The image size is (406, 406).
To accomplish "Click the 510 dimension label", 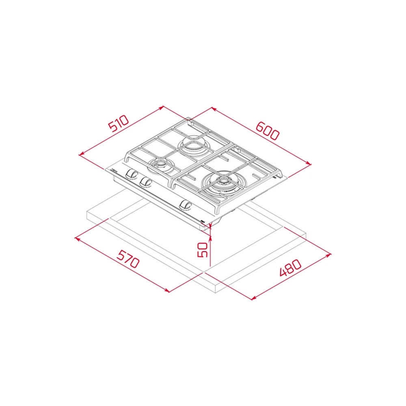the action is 119,123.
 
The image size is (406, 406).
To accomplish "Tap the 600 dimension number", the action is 268,131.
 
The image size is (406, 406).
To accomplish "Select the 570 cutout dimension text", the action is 127,259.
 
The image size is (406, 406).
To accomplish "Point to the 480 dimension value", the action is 291,268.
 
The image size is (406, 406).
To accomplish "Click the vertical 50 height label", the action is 203,250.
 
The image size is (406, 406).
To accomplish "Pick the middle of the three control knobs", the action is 145,182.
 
